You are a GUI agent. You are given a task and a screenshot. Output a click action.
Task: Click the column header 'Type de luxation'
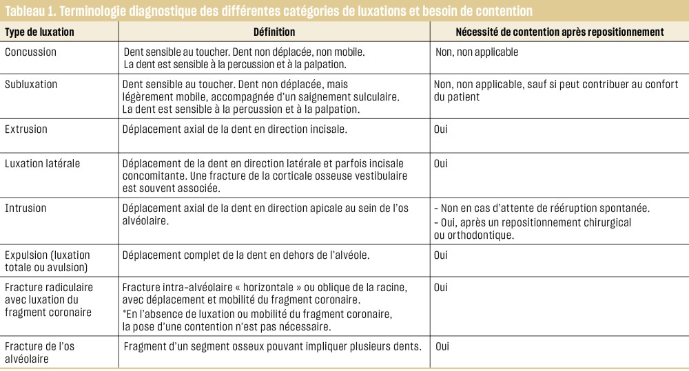(x=39, y=32)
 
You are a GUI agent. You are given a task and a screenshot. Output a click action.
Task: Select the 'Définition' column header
(x=274, y=32)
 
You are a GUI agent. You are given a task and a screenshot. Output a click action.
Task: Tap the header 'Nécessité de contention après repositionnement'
(x=559, y=32)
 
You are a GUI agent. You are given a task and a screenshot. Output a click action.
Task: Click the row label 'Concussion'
(x=30, y=52)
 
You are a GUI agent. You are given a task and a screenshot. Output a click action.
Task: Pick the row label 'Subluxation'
(x=31, y=85)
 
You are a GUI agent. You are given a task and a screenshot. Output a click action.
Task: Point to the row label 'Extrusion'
(x=26, y=129)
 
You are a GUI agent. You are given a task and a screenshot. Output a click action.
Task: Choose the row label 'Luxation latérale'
(x=42, y=164)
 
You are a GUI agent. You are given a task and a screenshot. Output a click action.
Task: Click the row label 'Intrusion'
(x=25, y=209)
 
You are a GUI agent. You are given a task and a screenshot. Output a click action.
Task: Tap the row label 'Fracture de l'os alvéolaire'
(x=39, y=352)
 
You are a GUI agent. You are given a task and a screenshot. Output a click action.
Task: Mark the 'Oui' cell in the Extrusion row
(x=440, y=129)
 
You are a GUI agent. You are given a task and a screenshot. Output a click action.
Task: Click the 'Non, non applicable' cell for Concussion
(x=477, y=52)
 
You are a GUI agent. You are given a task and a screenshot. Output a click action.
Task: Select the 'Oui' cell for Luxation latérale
(x=440, y=164)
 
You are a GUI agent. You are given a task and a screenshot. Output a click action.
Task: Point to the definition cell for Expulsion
(x=246, y=255)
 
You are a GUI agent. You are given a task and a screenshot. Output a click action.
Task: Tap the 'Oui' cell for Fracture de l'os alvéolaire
(x=442, y=346)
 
